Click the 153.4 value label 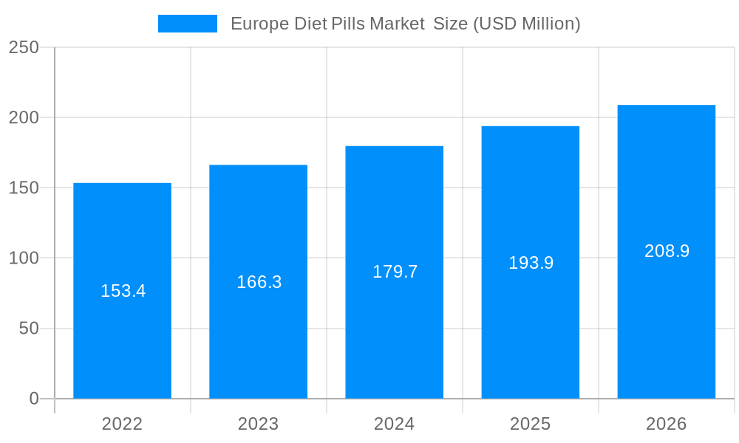[x=123, y=291]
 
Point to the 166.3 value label [x=259, y=282]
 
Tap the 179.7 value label [x=395, y=272]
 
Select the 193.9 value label [x=531, y=263]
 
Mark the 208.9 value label [x=667, y=251]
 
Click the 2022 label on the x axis [x=122, y=424]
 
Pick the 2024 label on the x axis [x=394, y=424]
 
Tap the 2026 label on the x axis [x=666, y=424]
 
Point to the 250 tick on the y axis [x=24, y=47]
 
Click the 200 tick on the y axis [x=24, y=117]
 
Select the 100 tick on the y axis [x=24, y=258]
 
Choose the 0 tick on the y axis [x=34, y=399]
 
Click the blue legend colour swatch [x=188, y=24]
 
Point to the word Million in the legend [x=549, y=24]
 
